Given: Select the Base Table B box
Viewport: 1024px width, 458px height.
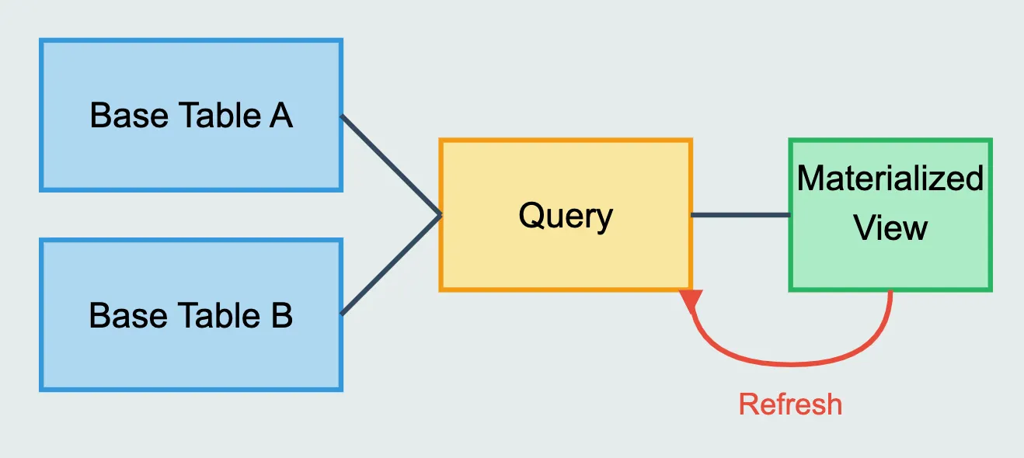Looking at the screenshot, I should [191, 357].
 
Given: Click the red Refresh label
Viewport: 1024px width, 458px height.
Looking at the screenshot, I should [790, 404].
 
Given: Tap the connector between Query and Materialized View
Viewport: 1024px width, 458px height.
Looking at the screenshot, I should [740, 215].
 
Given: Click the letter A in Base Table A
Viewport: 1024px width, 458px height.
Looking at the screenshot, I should [280, 116].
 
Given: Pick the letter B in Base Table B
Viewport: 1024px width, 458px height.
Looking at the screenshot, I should [280, 316].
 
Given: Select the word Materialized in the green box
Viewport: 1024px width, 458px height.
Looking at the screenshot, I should [890, 179].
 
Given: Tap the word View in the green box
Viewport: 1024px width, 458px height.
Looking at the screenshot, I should [890, 228].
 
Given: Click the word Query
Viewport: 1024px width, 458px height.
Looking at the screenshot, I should [566, 216].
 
